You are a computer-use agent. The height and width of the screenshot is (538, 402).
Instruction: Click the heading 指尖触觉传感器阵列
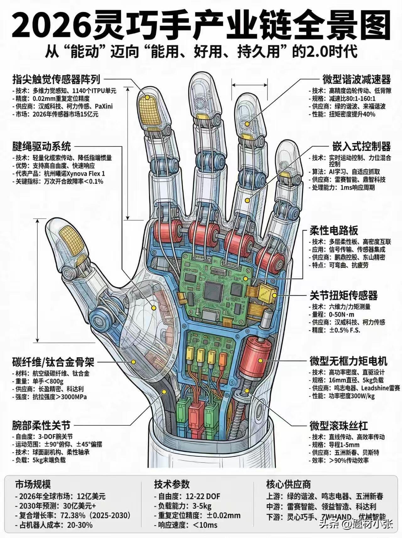coord(56,79)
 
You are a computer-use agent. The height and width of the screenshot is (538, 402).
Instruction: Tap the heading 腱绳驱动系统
coord(41,146)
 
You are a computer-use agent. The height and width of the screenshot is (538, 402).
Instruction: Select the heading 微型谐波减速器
coord(357,79)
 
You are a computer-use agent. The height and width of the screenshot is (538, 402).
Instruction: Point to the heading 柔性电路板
coord(334,231)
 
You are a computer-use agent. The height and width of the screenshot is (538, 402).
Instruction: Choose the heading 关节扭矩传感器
coord(344,295)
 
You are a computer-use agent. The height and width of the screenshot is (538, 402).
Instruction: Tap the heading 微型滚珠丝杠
coord(339,426)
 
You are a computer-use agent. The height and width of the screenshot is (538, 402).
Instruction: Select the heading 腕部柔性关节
coord(41,426)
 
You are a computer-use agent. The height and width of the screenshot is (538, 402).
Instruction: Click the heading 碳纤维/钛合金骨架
coord(53,362)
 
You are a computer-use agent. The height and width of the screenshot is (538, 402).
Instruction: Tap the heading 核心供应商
coord(288,484)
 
